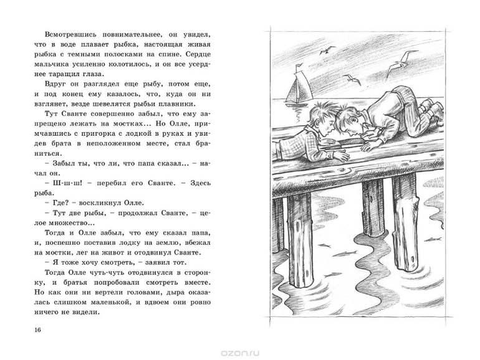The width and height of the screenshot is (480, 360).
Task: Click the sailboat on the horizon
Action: click(294, 90)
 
